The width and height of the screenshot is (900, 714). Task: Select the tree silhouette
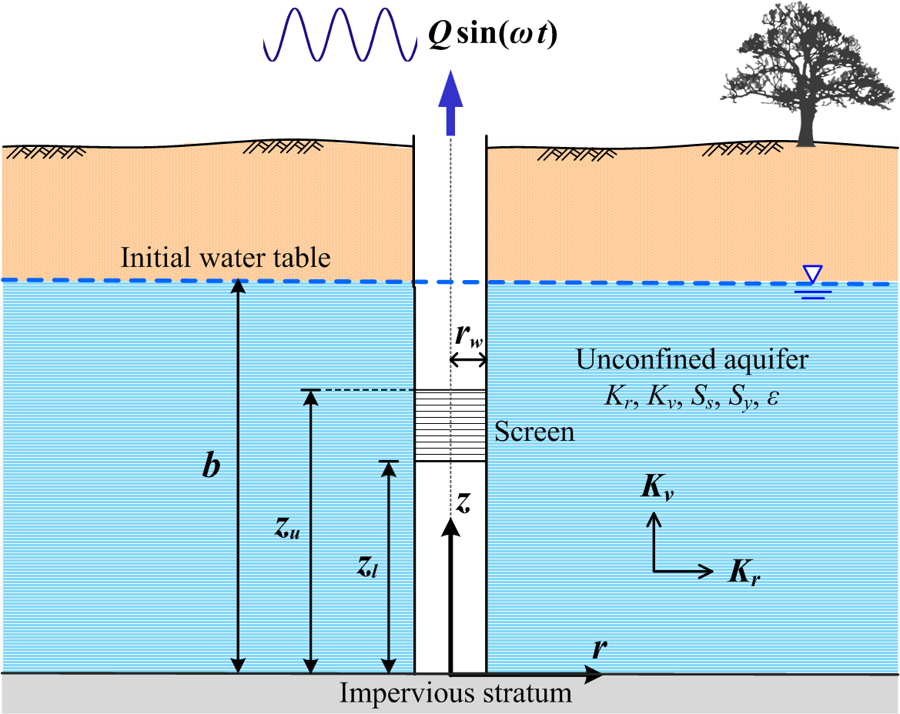point(801,77)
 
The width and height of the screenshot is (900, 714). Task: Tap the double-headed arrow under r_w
point(468,360)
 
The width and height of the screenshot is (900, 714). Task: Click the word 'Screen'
point(534,431)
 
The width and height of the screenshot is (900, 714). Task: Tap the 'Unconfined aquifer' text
point(692,360)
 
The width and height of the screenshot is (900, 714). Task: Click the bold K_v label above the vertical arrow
point(655,489)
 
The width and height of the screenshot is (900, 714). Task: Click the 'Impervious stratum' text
point(456,694)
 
